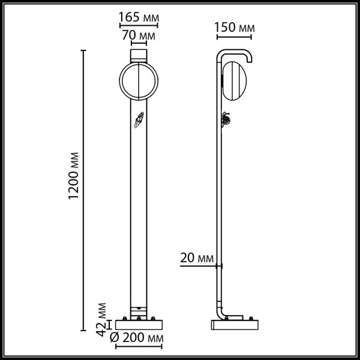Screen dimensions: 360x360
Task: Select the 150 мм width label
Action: (234, 28)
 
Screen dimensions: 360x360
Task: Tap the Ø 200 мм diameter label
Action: (138, 340)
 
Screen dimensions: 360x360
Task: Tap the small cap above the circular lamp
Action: (139, 55)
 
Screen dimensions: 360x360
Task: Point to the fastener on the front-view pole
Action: (139, 121)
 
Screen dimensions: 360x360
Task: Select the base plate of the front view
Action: (139, 325)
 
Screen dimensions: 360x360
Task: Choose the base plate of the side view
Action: (235, 325)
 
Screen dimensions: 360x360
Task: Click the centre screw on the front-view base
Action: (139, 317)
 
